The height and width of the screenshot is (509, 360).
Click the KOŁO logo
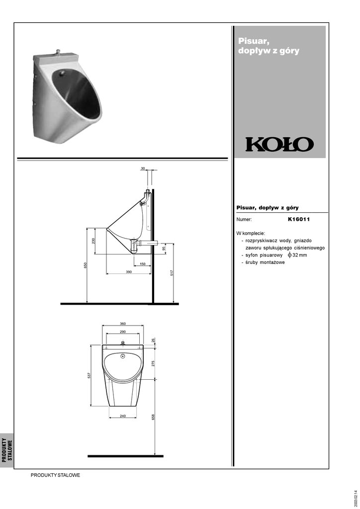tap(279, 145)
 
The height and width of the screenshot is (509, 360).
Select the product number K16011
tap(299, 219)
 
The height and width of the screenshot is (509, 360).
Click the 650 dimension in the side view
tap(86, 265)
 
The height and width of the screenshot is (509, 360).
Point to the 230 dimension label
tap(93, 241)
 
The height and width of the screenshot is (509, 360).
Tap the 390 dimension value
tap(129, 272)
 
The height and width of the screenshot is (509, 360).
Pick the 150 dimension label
tap(143, 264)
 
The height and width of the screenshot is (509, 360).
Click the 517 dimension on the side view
tap(172, 273)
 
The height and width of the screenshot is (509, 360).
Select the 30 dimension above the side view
tap(143, 169)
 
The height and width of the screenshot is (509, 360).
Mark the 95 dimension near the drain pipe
tap(164, 248)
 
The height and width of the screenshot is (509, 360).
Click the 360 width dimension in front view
tap(123, 324)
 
